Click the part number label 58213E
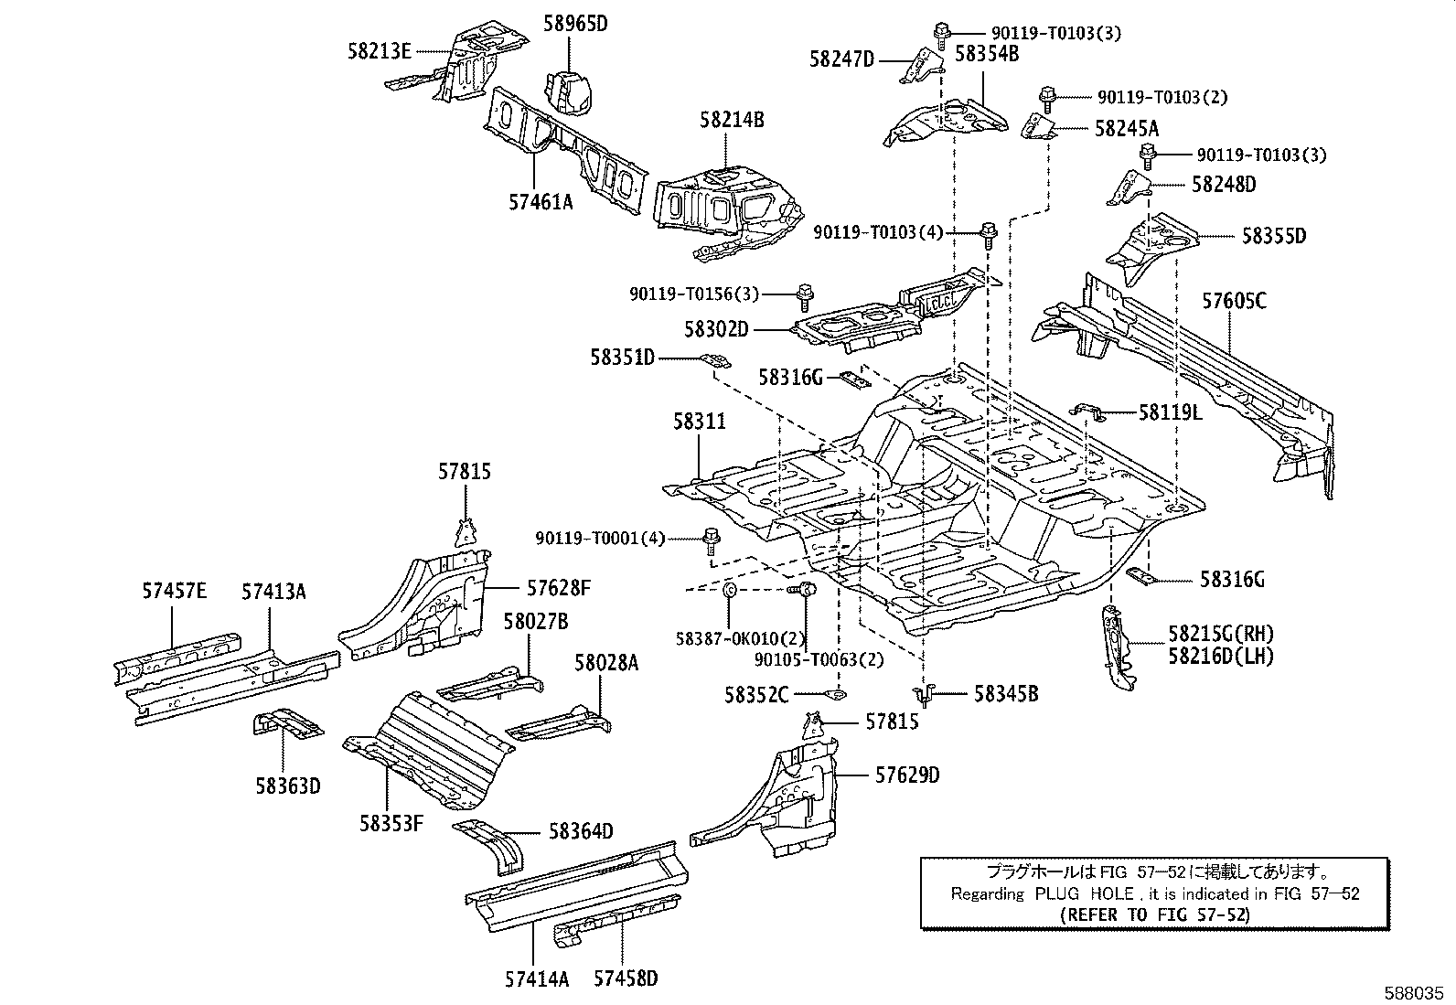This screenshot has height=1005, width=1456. (380, 50)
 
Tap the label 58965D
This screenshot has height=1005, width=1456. (575, 24)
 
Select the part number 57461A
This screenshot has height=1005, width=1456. (541, 202)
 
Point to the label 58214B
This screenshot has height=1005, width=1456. (732, 120)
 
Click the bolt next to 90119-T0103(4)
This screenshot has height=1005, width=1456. (988, 235)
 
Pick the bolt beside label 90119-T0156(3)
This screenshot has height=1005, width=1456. (806, 298)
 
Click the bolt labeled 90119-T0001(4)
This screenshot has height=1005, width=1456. (712, 540)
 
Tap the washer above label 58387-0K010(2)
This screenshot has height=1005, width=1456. (729, 590)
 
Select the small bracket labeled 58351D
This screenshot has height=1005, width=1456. (715, 361)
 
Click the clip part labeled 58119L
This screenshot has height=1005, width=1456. (1088, 412)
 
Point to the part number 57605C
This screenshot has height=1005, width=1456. (1234, 301)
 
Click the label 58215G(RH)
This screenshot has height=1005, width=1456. (1221, 633)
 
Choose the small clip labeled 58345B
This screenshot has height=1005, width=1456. (924, 695)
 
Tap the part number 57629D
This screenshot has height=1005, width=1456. (907, 775)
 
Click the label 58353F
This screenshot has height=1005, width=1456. (391, 824)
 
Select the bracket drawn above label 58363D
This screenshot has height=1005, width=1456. (287, 724)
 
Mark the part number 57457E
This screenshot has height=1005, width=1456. (174, 591)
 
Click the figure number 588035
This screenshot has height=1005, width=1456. (1413, 993)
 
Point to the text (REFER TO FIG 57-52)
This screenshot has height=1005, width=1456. (1155, 914)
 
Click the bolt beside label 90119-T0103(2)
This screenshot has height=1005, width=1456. (1046, 100)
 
